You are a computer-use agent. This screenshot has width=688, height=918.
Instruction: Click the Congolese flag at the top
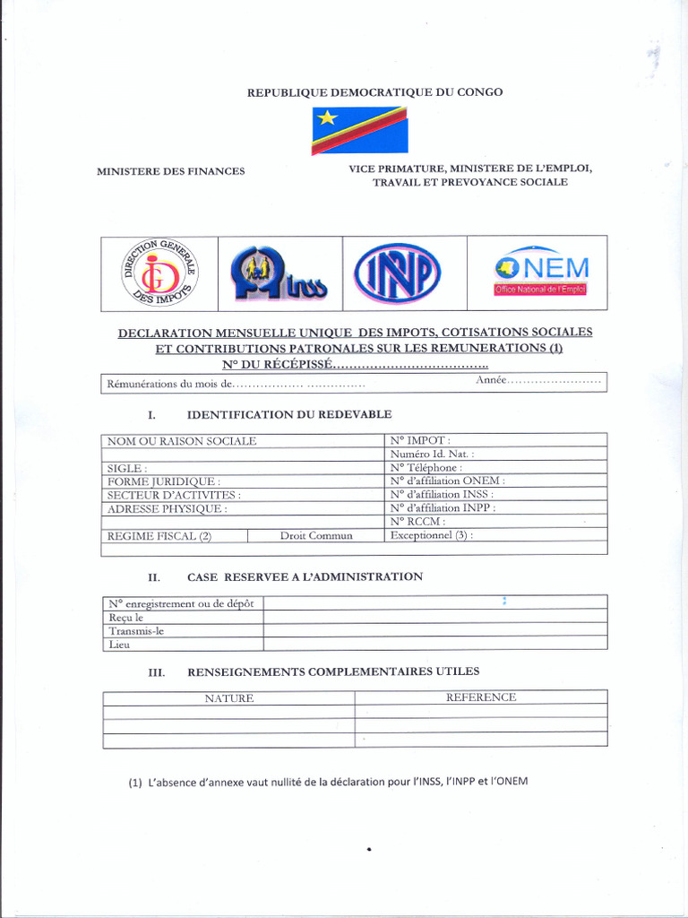click(359, 131)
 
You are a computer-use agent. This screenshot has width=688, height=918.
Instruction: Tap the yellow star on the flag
click(328, 117)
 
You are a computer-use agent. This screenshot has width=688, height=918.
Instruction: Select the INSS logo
click(279, 274)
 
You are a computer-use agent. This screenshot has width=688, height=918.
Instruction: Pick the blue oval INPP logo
click(397, 274)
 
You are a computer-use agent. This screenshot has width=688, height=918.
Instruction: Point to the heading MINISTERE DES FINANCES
click(170, 171)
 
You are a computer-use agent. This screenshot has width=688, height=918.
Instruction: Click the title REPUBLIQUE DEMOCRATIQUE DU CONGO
click(374, 92)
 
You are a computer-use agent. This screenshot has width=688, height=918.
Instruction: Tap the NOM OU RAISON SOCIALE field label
click(182, 441)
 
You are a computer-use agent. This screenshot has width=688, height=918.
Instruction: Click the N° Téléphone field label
click(426, 467)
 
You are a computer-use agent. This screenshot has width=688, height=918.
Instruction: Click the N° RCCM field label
click(418, 521)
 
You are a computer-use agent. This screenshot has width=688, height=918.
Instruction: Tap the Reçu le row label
click(126, 618)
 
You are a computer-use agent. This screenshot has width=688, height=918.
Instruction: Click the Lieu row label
click(120, 644)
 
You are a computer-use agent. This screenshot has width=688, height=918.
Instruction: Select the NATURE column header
click(228, 697)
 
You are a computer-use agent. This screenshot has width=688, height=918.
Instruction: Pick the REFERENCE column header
click(481, 697)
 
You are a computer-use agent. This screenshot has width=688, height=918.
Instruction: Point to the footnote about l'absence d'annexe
click(328, 781)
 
